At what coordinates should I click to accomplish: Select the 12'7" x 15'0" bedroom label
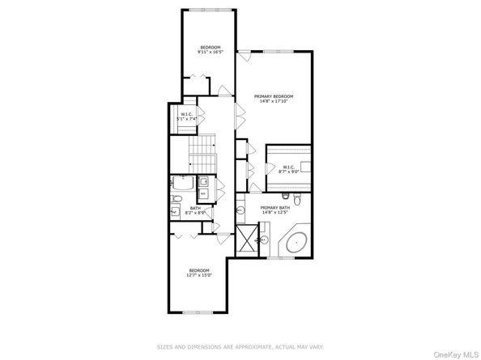pyautogui.click(x=199, y=273)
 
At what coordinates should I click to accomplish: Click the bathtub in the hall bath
pyautogui.click(x=183, y=183)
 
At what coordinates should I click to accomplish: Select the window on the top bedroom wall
pyautogui.click(x=208, y=10)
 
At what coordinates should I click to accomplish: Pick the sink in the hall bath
pyautogui.click(x=176, y=212)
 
